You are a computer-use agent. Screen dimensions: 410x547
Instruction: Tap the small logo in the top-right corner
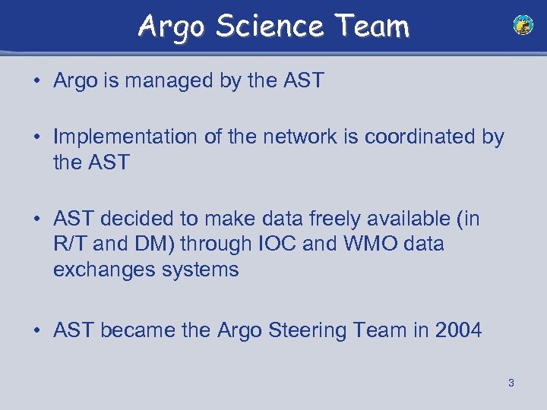tap(523, 26)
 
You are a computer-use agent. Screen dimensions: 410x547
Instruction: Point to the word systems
tap(201, 270)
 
